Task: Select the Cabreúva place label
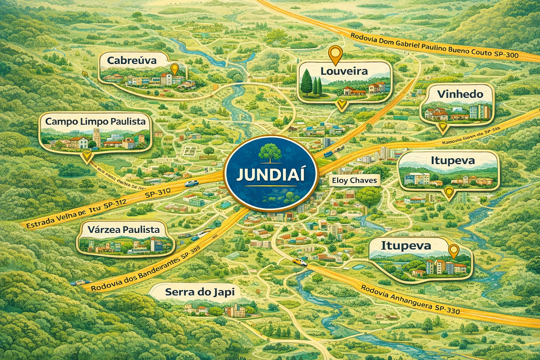pyautogui.click(x=131, y=60)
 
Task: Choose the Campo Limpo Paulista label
pyautogui.click(x=96, y=122)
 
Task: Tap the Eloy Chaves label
pyautogui.click(x=354, y=181)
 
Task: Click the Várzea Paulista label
pyautogui.click(x=124, y=230)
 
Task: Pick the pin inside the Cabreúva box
pyautogui.click(x=174, y=68)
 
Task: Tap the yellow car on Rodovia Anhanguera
pyautogui.click(x=299, y=262)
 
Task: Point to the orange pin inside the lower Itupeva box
pyautogui.click(x=454, y=251)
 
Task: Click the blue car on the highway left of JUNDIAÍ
pyautogui.click(x=191, y=183)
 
